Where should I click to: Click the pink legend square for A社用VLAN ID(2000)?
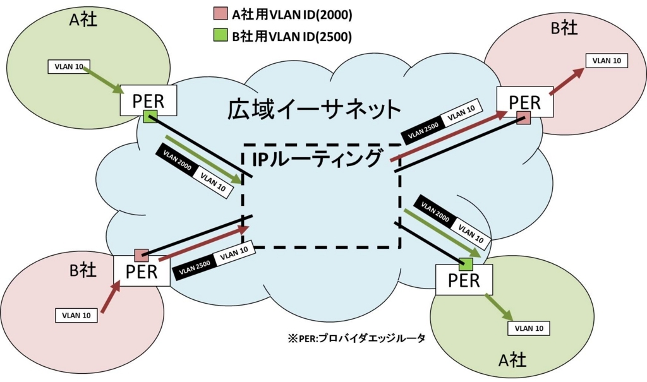point(221,13)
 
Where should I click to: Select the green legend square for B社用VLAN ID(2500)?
point(221,35)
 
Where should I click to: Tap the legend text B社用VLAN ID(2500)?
point(292,36)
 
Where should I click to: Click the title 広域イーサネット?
point(314,109)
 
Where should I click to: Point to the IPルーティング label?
point(317,159)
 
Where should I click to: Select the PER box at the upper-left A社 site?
point(148,100)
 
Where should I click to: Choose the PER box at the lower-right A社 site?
point(464,280)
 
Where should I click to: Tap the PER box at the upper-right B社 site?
point(525,102)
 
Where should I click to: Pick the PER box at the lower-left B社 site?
point(142,271)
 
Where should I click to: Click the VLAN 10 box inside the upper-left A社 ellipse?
point(69,66)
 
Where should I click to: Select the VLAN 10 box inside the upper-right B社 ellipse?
point(607,61)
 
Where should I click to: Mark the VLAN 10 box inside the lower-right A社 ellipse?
point(529,328)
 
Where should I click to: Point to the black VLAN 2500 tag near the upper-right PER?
point(423,129)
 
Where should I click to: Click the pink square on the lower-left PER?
point(142,255)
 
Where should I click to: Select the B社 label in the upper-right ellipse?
point(564,28)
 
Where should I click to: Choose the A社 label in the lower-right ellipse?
point(512,360)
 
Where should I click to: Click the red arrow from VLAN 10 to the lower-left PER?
point(111,296)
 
